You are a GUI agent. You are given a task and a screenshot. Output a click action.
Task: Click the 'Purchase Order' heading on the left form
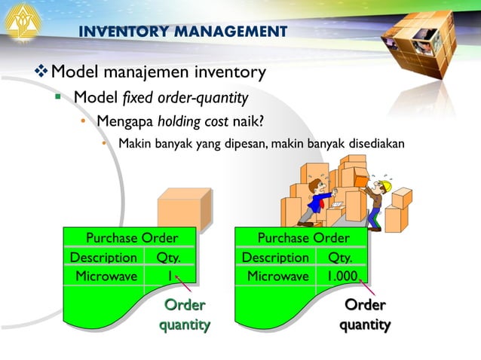tap(132, 239)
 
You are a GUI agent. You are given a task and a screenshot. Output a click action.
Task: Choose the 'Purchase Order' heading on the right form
tap(303, 239)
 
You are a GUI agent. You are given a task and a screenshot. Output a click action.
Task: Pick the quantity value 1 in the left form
tap(170, 276)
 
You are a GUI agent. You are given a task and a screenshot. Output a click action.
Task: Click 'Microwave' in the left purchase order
tap(106, 276)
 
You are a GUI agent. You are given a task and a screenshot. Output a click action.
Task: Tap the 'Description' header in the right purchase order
tap(275, 258)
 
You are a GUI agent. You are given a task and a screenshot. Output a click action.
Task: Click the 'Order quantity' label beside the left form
tap(184, 315)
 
